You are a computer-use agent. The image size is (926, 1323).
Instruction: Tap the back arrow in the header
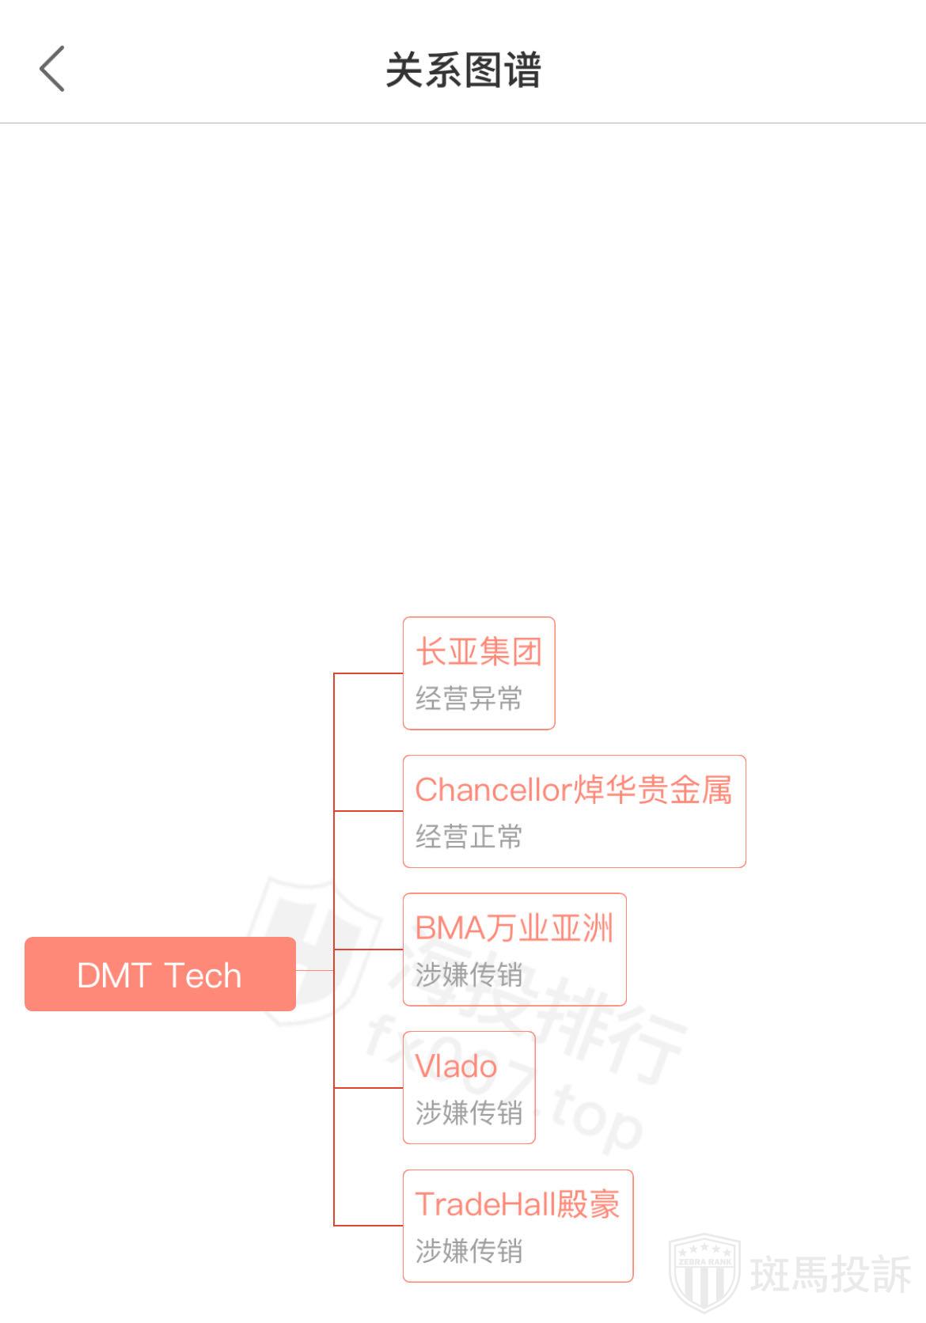coord(52,69)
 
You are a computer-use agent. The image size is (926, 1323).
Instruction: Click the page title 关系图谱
coord(463,70)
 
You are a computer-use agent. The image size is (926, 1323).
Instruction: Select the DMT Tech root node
coord(160,974)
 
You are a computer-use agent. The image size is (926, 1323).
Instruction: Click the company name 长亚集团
coord(479,652)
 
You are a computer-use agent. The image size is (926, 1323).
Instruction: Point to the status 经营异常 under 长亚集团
coord(469,699)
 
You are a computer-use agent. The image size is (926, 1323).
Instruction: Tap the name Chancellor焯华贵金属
coord(574,790)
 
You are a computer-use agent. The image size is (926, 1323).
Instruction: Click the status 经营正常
coord(469,836)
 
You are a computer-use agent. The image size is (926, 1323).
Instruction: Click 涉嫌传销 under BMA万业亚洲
coord(469,975)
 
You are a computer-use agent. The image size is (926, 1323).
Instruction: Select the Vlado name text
coord(457,1067)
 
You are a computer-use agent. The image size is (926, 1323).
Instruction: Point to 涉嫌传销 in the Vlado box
coord(469,1113)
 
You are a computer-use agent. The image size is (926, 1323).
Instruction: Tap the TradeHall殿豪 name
coord(518,1204)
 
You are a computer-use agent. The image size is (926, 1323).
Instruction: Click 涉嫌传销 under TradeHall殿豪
coord(469,1251)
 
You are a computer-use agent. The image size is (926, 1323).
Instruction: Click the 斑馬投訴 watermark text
coord(830,1273)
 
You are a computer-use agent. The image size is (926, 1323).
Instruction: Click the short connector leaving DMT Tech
coord(315,970)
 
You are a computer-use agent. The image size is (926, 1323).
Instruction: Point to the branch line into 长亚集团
coord(369,673)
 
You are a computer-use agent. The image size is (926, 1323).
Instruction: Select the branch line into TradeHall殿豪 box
coord(369,1226)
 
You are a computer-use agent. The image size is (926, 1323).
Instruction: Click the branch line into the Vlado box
coord(369,1088)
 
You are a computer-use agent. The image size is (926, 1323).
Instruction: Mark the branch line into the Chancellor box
coord(369,811)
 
